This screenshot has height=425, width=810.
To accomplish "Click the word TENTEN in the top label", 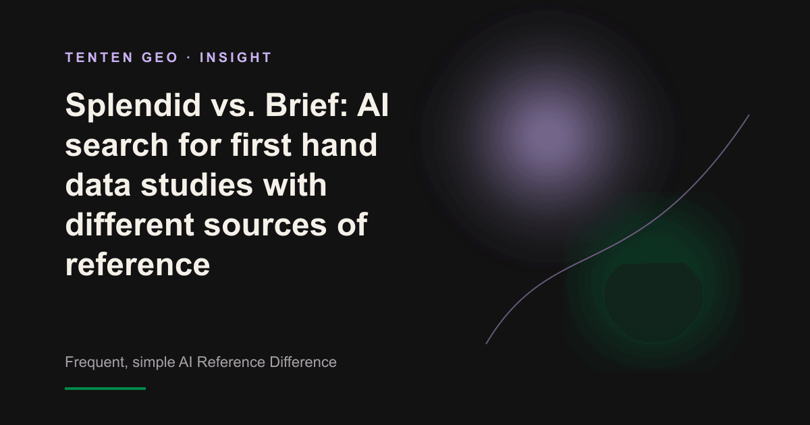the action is click(99, 57).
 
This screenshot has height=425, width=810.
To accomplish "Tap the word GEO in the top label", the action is click(160, 57).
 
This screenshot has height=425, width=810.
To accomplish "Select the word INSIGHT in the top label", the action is click(236, 57).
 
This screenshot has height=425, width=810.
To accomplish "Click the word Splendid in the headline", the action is click(133, 105).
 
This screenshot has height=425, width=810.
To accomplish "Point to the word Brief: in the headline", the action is click(306, 105).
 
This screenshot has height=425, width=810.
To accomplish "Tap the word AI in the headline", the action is click(373, 105).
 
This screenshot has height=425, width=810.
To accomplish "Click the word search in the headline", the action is click(116, 145).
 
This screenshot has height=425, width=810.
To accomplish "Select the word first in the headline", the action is click(261, 144).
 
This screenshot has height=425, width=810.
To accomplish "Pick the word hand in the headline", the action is click(339, 144).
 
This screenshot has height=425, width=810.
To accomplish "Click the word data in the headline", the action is click(98, 185).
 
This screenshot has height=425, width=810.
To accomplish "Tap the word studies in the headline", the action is click(196, 185).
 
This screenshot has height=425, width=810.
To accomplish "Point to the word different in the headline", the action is click(130, 225).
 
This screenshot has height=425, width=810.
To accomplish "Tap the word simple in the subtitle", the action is click(154, 362).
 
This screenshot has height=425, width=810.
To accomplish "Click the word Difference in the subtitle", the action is click(303, 362).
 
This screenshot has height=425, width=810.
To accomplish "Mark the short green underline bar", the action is click(105, 389).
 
